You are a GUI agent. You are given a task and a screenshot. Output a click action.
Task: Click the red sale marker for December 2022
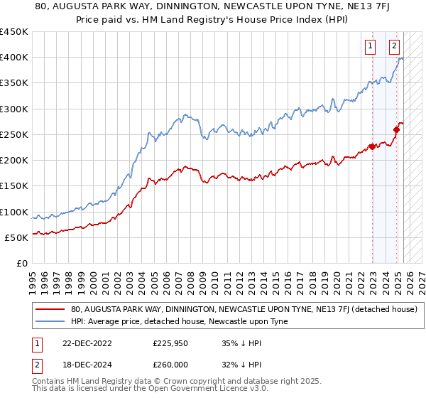click(x=372, y=148)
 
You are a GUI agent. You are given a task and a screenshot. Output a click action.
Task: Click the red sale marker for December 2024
click(x=396, y=129)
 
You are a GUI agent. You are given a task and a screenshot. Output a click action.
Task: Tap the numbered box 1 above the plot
click(x=370, y=48)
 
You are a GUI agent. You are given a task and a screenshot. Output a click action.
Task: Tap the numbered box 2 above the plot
click(x=394, y=48)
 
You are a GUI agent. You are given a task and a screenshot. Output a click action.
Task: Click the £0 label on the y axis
click(x=21, y=264)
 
